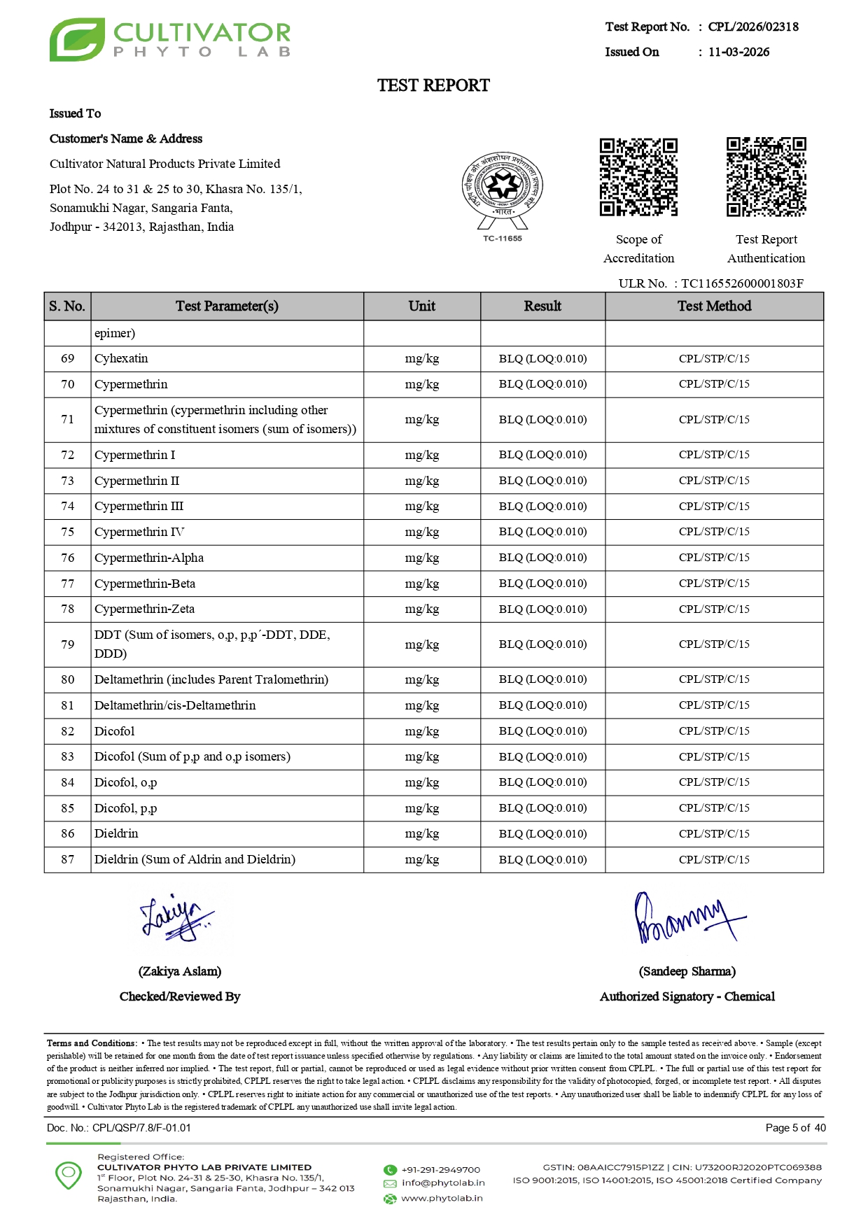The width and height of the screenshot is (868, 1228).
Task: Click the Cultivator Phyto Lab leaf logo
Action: (77, 40)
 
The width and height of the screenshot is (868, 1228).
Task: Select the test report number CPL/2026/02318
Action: (753, 27)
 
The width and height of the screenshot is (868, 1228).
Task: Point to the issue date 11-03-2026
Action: (738, 52)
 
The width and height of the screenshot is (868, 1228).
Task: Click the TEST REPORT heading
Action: (433, 85)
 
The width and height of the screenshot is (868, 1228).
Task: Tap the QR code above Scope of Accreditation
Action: (638, 177)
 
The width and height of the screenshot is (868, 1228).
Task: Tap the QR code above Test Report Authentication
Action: (766, 177)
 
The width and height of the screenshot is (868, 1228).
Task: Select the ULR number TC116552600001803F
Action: (742, 283)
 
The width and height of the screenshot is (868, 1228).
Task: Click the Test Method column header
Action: (714, 306)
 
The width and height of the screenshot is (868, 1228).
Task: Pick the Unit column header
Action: (421, 306)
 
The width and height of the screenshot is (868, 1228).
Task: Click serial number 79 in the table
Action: (67, 644)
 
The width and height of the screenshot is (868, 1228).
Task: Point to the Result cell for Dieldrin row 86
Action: (542, 834)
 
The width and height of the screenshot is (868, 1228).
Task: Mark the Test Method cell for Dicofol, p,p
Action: (714, 808)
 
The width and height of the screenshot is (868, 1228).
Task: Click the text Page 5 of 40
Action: (795, 1128)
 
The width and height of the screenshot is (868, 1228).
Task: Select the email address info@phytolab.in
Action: (442, 1183)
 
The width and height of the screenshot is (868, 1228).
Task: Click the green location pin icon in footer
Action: (69, 1175)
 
